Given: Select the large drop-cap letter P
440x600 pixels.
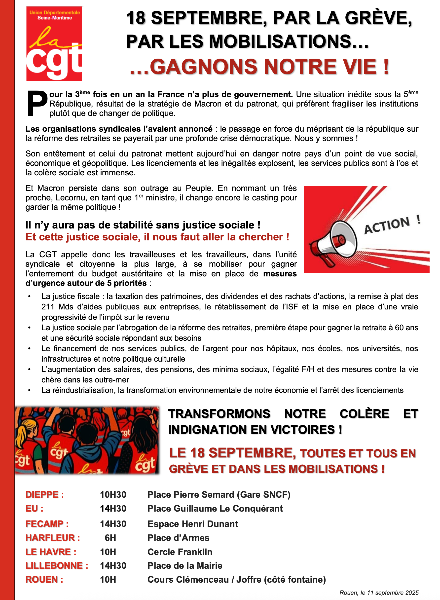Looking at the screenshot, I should (37, 103).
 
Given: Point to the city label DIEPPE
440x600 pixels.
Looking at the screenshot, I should (42, 494).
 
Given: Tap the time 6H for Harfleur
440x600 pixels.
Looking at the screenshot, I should (110, 538).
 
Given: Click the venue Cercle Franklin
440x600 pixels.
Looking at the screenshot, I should (180, 552).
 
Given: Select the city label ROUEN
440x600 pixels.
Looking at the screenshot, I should (42, 579).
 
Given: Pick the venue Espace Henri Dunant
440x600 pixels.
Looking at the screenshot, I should (193, 524).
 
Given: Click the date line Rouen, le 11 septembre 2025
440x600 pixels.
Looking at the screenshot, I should (379, 593).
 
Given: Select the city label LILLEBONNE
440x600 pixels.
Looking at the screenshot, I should (54, 565).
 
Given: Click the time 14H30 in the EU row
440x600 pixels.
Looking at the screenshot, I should (113, 508).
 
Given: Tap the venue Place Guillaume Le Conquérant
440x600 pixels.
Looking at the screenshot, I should (215, 508).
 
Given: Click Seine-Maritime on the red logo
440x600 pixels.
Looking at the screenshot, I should (55, 18).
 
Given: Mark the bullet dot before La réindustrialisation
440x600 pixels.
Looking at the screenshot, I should (30, 390).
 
